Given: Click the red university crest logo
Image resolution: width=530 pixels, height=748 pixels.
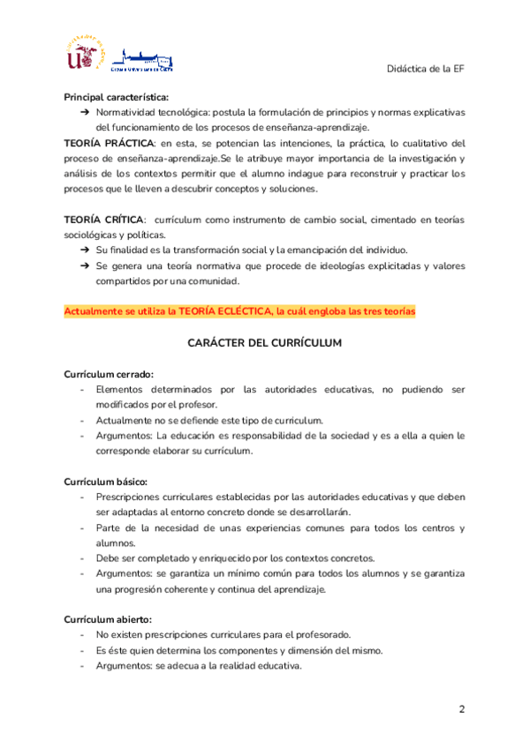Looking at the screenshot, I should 86,55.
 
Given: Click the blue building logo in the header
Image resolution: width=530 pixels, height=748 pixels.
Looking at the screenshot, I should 148,58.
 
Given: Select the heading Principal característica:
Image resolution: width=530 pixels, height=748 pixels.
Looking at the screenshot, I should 117,97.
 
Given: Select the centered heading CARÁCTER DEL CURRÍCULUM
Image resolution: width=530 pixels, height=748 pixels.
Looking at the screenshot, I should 264,342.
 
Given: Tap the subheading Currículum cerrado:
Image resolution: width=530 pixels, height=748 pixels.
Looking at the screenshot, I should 108,373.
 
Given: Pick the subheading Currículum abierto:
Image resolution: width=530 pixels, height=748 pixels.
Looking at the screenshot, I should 108,618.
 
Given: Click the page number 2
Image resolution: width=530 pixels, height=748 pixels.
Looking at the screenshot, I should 461,710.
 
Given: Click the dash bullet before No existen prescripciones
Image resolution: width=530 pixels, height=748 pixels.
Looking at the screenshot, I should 82,634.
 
